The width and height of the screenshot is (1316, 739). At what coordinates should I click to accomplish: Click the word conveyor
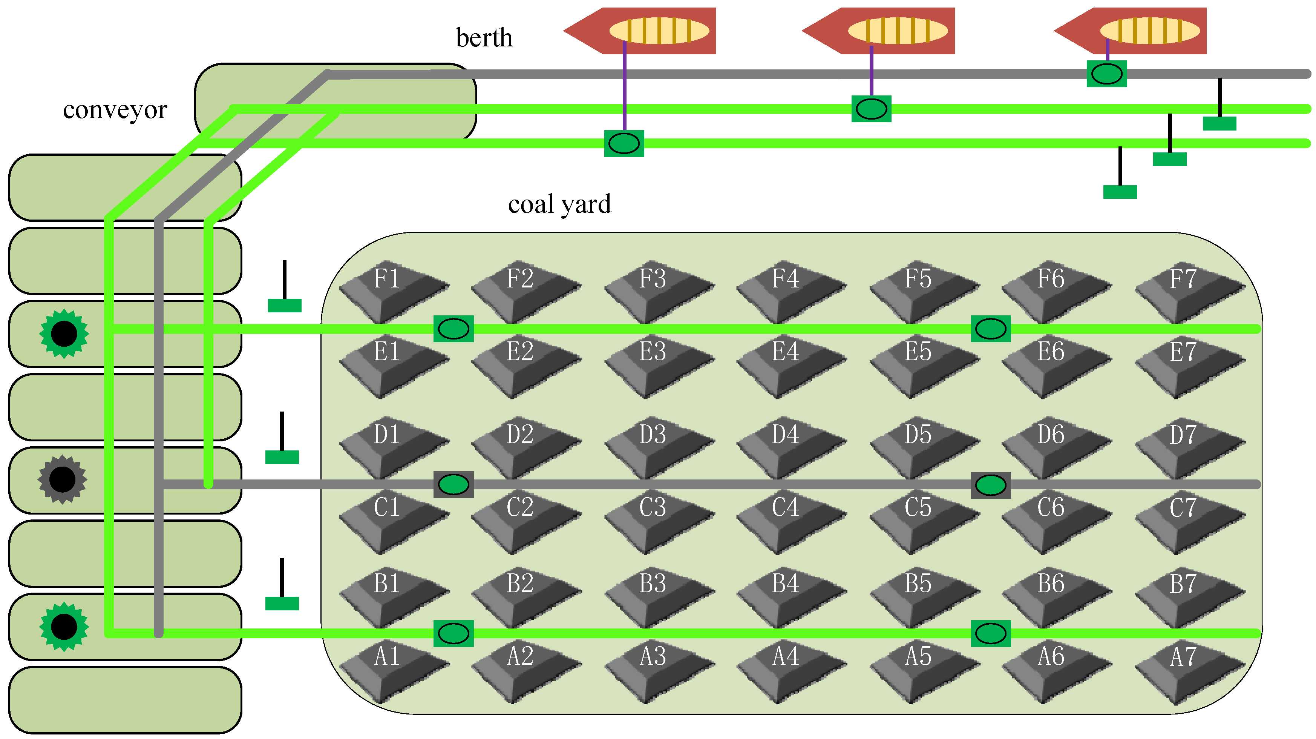(115, 110)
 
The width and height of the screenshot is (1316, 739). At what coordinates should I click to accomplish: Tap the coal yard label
(559, 204)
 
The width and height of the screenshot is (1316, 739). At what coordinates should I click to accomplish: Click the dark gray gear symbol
(62, 479)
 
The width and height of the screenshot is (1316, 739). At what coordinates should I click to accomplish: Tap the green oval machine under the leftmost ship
(624, 143)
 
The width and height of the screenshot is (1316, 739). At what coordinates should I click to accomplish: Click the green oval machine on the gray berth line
(1106, 74)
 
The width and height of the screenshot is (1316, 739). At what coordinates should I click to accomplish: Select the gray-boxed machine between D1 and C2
(453, 484)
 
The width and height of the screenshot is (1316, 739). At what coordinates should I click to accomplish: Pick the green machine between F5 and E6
(991, 329)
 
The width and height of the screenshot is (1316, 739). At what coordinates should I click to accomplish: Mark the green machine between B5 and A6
(991, 633)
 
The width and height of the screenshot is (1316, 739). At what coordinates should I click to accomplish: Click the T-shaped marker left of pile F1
(285, 291)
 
